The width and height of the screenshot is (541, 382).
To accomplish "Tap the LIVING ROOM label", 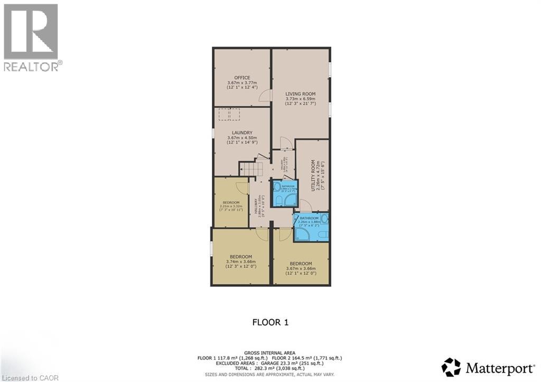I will point(300,94).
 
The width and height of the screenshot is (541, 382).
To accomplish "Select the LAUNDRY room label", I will point(242,133).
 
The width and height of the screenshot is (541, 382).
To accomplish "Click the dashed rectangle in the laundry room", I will point(229,113).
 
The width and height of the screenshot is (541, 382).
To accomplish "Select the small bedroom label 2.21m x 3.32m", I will point(231,206).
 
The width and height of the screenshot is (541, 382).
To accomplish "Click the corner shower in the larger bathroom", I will point(303,234).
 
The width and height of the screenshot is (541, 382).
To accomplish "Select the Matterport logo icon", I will point(451,367).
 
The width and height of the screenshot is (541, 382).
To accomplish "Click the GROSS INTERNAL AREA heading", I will point(270,352).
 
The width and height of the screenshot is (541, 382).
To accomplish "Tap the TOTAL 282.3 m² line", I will point(270,368).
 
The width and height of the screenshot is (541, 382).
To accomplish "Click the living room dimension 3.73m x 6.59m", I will point(300,99).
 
